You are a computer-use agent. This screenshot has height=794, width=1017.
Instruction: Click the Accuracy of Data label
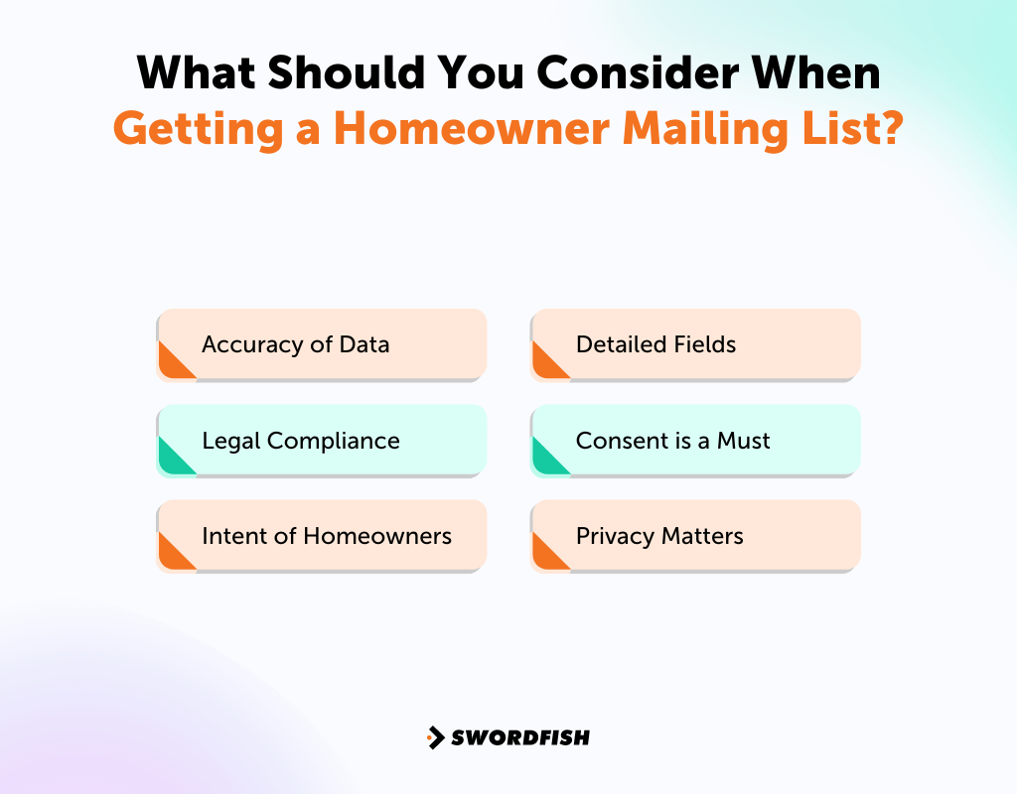pyautogui.click(x=295, y=344)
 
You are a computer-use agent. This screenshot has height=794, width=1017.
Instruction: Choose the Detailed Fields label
pyautogui.click(x=655, y=344)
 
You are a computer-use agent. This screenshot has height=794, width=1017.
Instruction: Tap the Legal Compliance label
pyautogui.click(x=300, y=441)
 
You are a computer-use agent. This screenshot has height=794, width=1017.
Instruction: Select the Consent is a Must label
pyautogui.click(x=672, y=441)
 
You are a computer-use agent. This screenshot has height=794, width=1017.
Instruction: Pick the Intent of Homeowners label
pyautogui.click(x=326, y=536)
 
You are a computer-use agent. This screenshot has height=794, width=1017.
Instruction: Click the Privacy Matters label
pyautogui.click(x=659, y=536)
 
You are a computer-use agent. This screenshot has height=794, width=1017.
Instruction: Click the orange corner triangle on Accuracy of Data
pyautogui.click(x=171, y=364)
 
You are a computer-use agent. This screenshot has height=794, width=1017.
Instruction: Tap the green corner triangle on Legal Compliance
pyautogui.click(x=171, y=461)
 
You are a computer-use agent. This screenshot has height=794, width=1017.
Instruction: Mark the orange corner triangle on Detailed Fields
pyautogui.click(x=545, y=364)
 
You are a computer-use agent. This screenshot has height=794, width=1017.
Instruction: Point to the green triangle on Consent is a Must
pyautogui.click(x=545, y=461)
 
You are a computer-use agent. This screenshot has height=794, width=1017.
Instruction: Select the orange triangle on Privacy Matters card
pyautogui.click(x=545, y=556)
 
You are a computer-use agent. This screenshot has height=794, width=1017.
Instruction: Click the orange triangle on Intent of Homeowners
pyautogui.click(x=171, y=556)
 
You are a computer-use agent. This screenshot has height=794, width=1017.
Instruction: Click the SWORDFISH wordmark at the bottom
pyautogui.click(x=520, y=737)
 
